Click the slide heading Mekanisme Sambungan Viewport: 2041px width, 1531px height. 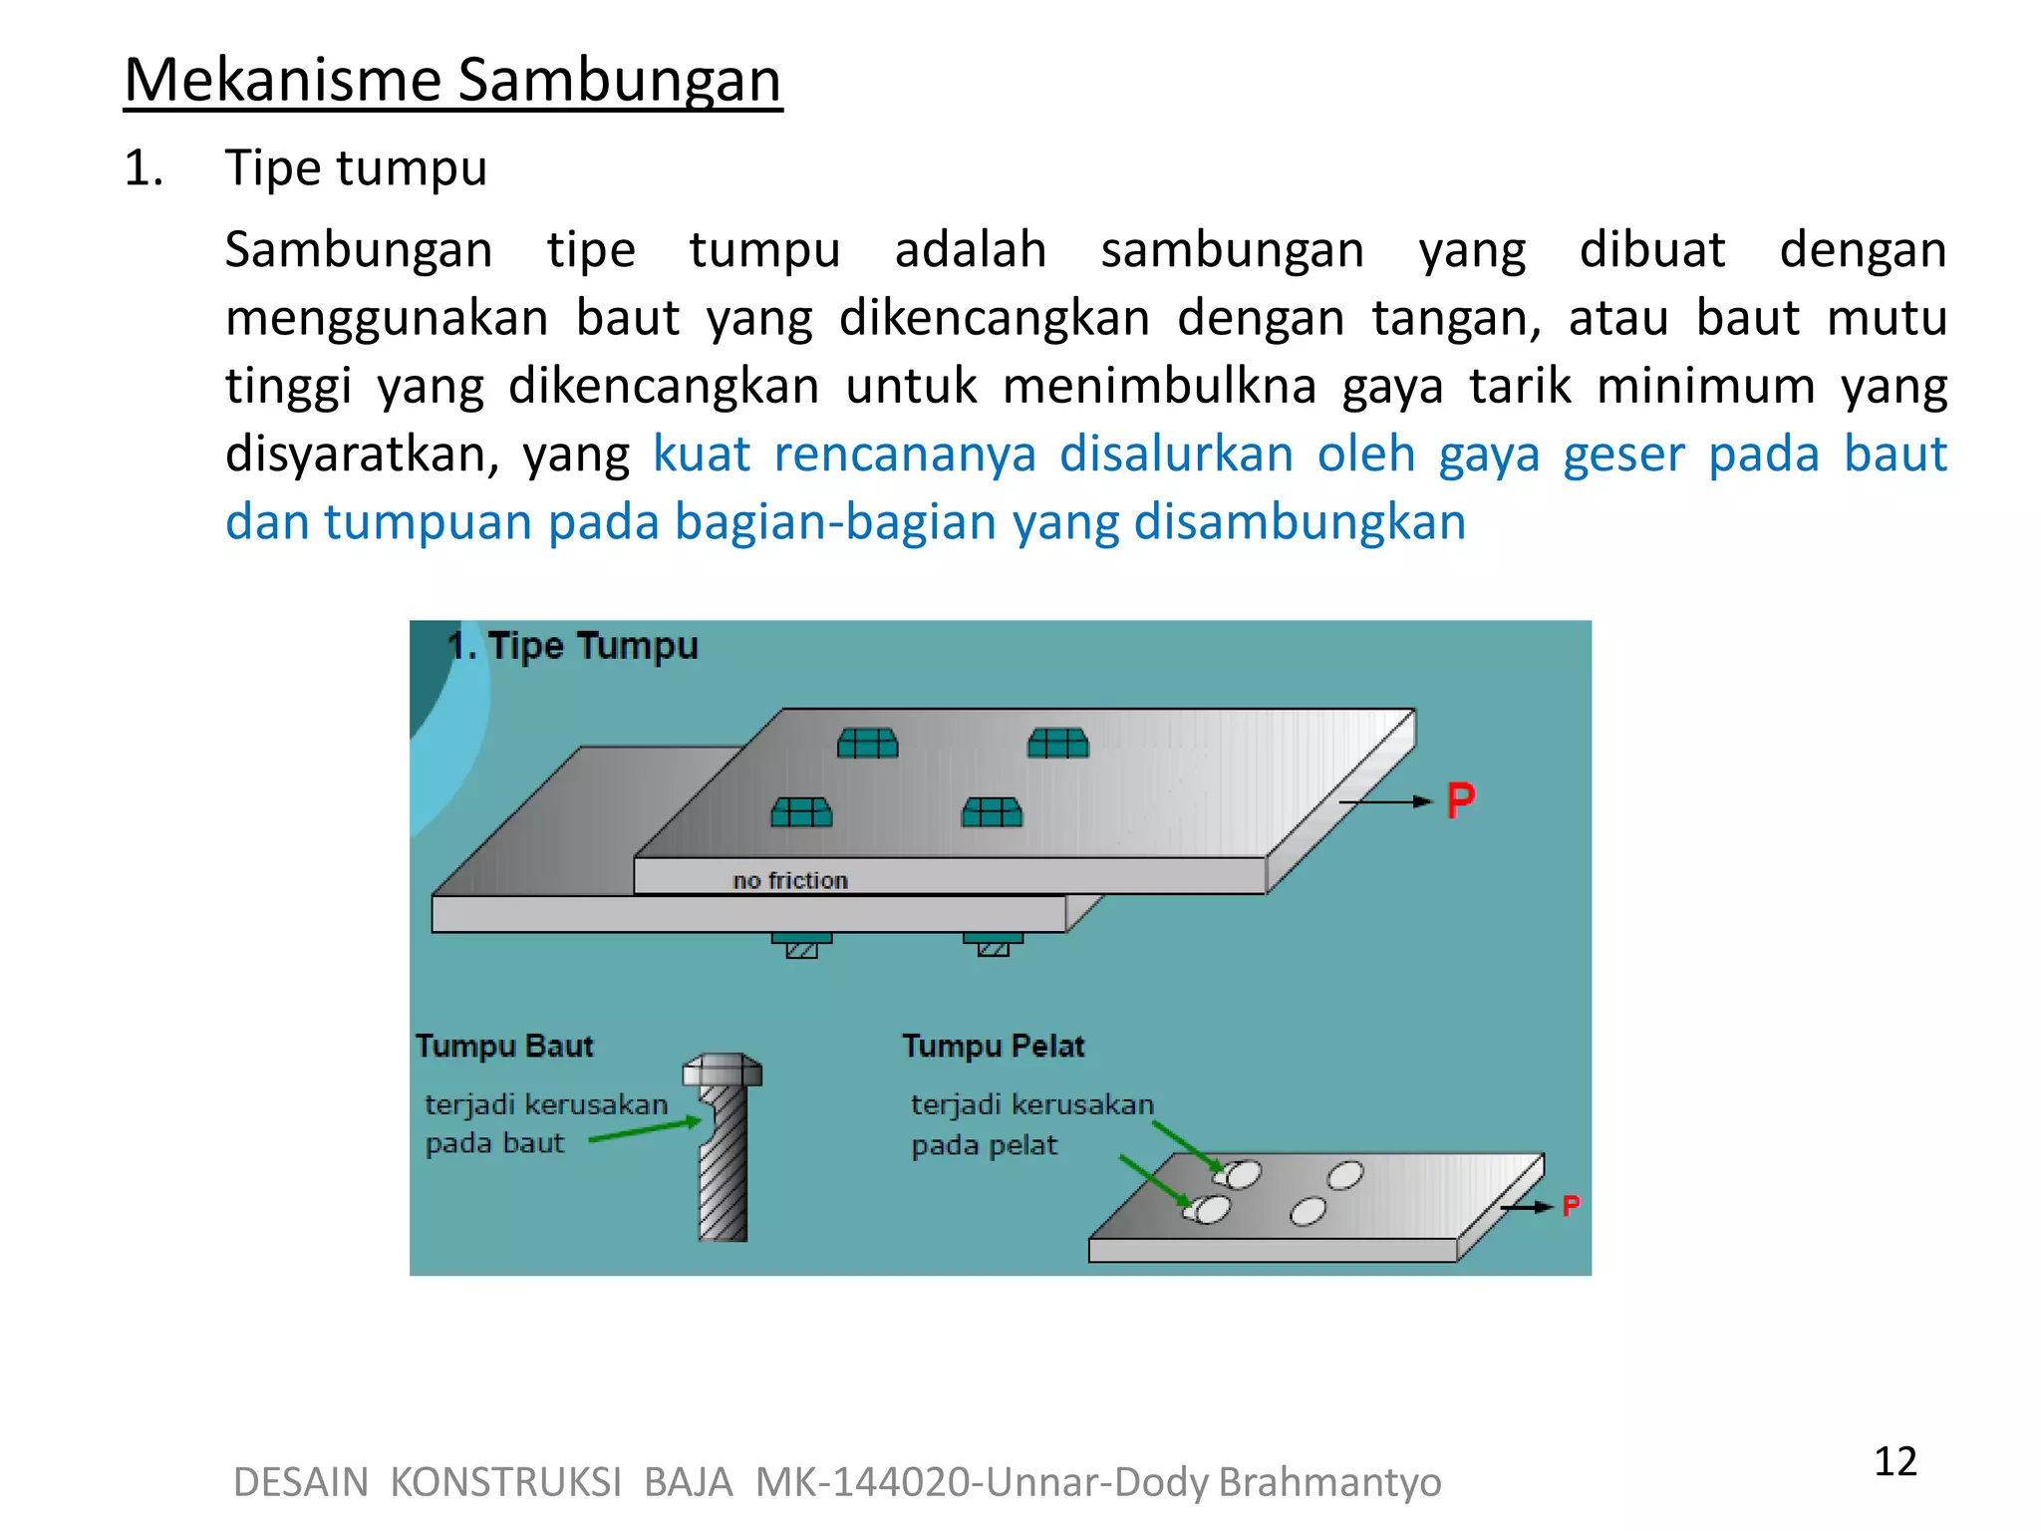(x=452, y=80)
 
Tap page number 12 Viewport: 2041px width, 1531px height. (x=1895, y=1461)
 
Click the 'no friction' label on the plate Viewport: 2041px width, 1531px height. (x=789, y=880)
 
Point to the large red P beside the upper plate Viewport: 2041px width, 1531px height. (x=1460, y=800)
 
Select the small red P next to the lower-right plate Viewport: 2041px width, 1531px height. (x=1571, y=1206)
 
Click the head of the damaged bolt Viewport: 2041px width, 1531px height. (x=723, y=1071)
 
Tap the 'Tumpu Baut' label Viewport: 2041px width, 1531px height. (x=504, y=1046)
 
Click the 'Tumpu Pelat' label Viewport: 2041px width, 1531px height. (x=993, y=1046)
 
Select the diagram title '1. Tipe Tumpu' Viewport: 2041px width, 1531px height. (x=572, y=646)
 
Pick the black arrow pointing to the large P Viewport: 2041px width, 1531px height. (x=1385, y=801)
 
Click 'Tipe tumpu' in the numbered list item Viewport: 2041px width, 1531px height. (x=356, y=167)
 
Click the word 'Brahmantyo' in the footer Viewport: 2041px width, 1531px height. (x=1329, y=1482)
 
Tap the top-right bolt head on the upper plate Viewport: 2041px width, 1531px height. (x=1058, y=744)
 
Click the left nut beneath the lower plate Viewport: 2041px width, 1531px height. (x=801, y=945)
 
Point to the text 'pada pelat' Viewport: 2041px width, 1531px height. (x=984, y=1145)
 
